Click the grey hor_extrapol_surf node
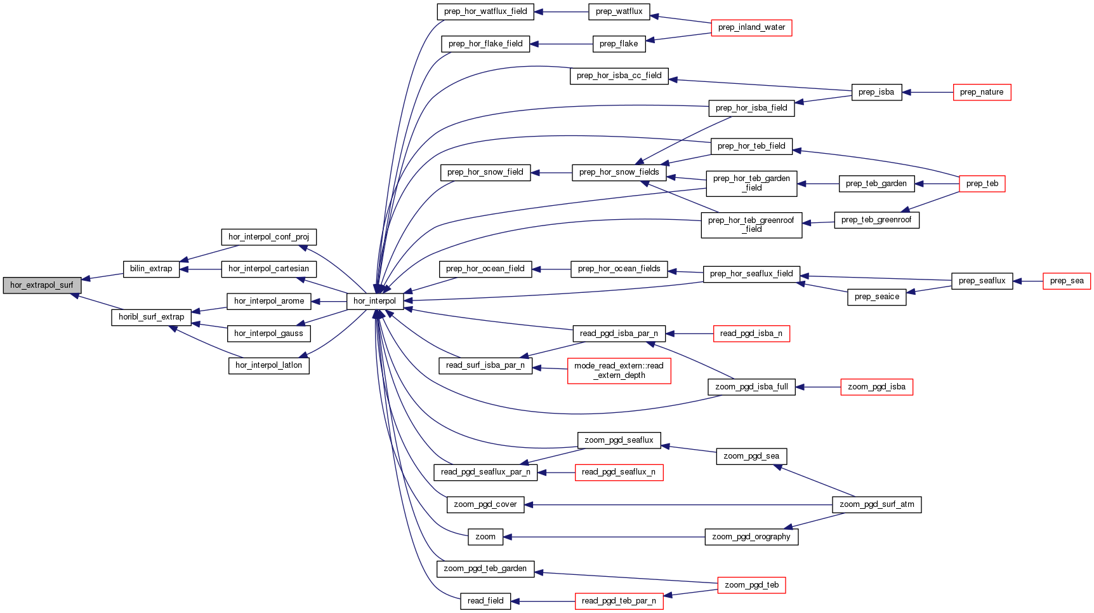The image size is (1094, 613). (42, 285)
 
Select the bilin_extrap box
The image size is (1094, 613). (151, 269)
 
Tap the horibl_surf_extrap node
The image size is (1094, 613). (151, 317)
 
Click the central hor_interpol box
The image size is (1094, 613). (374, 301)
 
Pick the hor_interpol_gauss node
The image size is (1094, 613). (268, 333)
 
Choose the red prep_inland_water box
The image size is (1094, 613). (751, 28)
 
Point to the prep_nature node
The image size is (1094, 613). (982, 92)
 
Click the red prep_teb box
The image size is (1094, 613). (982, 184)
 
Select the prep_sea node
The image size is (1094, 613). (1066, 281)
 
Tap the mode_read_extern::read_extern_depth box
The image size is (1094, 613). (619, 370)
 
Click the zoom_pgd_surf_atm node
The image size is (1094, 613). (876, 504)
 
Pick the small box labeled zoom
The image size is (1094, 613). (485, 537)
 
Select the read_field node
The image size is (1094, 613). (485, 601)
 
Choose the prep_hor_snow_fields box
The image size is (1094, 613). (619, 172)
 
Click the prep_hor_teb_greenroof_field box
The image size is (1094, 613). (751, 225)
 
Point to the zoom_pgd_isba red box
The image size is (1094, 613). (876, 387)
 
